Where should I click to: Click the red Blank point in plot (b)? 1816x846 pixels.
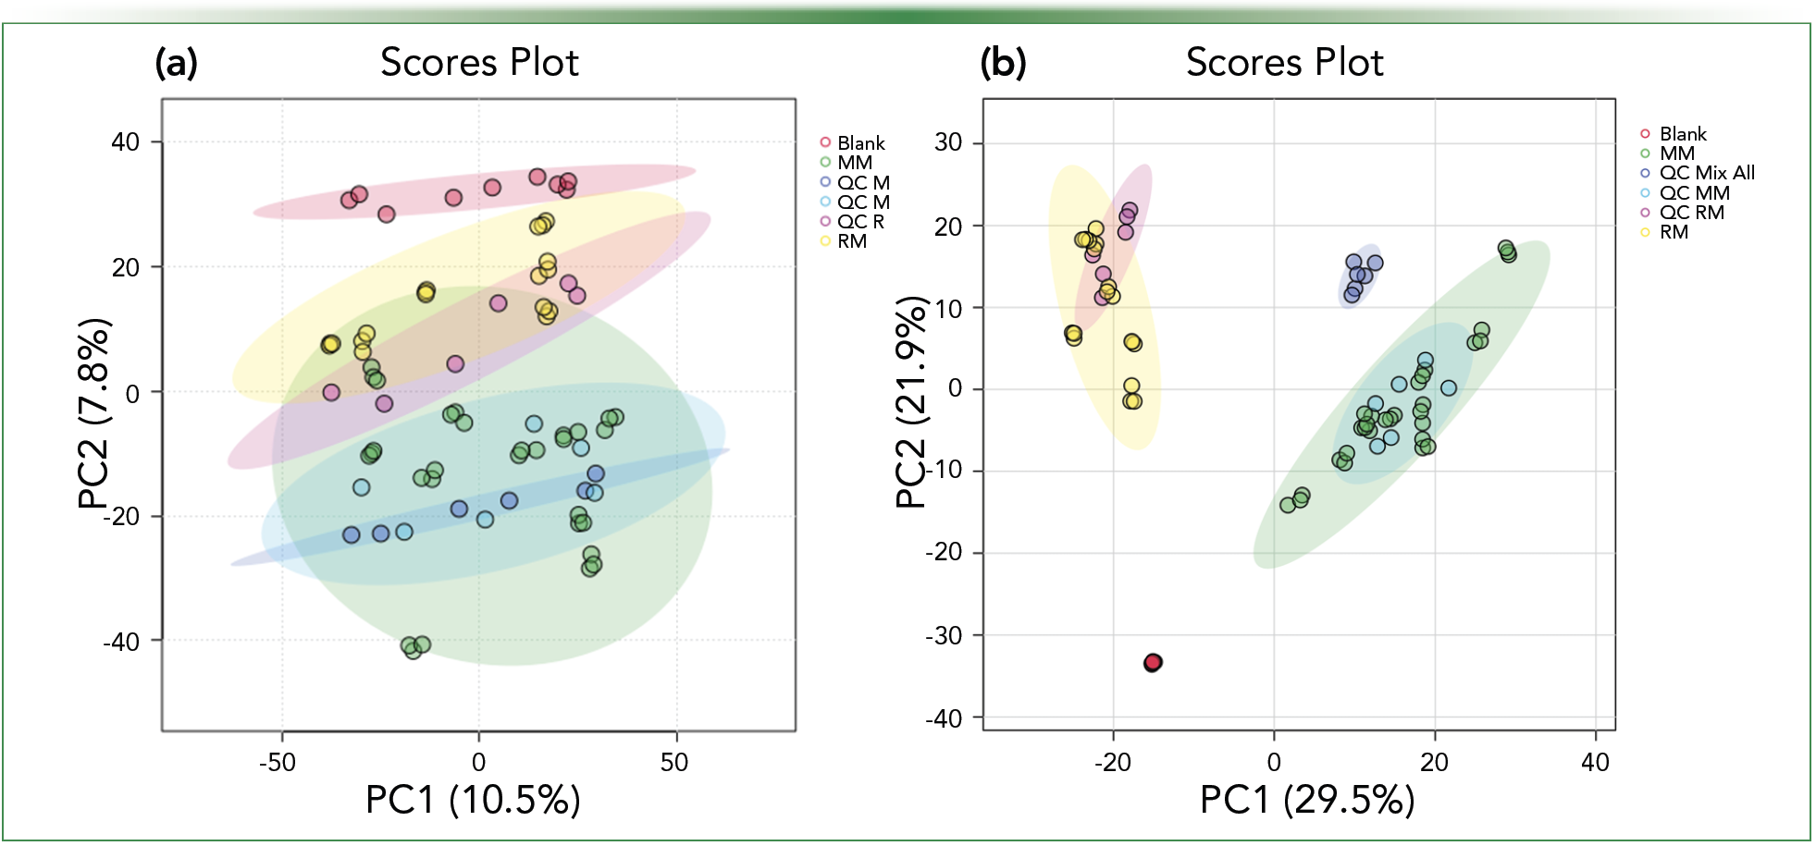click(x=1152, y=662)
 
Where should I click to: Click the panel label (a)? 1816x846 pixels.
click(x=176, y=63)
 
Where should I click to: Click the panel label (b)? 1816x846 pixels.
click(x=1003, y=63)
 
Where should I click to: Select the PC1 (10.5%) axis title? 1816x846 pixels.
click(x=473, y=800)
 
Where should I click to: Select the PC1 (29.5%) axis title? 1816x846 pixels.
click(x=1307, y=800)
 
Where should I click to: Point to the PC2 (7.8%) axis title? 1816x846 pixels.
click(x=94, y=413)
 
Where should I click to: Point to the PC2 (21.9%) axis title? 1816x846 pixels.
click(x=912, y=402)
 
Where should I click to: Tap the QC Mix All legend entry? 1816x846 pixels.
click(x=1706, y=173)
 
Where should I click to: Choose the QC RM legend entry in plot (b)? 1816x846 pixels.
click(x=1691, y=213)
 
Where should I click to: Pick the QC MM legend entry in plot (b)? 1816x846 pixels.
click(x=1694, y=193)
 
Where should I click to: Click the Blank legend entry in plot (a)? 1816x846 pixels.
click(x=860, y=143)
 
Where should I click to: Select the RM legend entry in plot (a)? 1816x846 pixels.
click(x=851, y=241)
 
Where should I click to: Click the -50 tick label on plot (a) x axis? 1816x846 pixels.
click(x=278, y=763)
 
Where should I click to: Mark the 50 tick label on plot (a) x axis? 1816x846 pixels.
click(x=674, y=763)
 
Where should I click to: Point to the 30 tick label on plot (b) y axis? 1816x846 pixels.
click(x=948, y=142)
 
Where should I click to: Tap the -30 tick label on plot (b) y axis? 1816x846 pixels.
click(x=944, y=636)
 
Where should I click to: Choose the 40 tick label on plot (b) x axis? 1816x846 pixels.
click(x=1595, y=763)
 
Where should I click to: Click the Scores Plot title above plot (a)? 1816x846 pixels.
click(x=479, y=63)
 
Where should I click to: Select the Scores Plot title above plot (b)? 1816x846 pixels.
click(x=1284, y=63)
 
